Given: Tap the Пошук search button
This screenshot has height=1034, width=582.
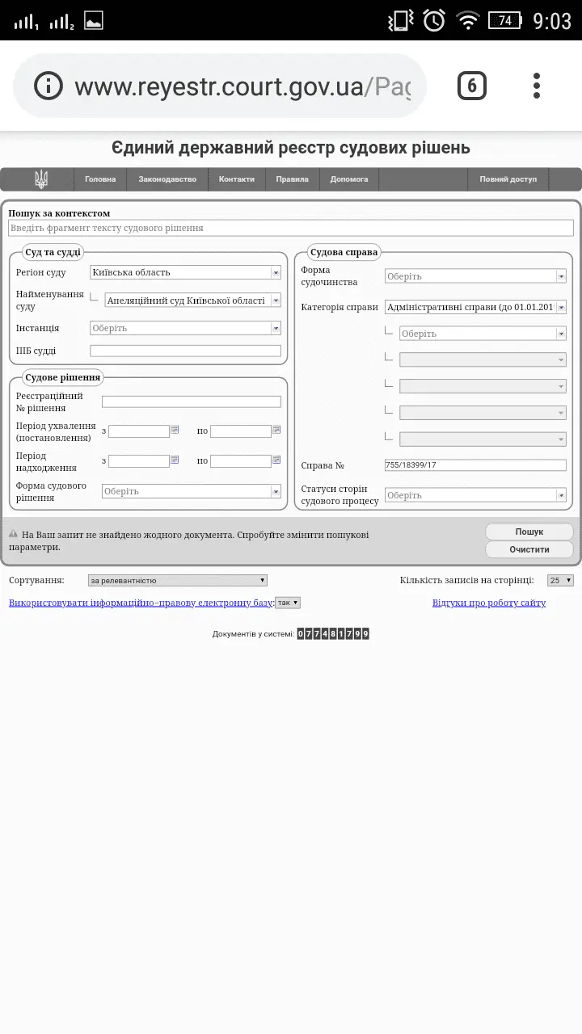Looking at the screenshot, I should (529, 532).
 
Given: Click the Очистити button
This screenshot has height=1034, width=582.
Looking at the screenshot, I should (529, 549).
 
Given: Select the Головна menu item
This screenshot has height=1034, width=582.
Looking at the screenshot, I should (100, 179).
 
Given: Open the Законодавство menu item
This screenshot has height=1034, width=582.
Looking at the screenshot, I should (167, 179).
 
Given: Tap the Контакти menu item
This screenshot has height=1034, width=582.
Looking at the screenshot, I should (236, 179).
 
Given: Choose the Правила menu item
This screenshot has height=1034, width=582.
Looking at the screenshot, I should (292, 179).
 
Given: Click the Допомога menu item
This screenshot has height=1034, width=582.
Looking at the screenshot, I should (348, 179).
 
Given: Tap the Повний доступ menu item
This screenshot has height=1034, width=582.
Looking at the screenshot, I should (508, 179).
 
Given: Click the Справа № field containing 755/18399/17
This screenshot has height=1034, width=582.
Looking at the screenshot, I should (475, 465).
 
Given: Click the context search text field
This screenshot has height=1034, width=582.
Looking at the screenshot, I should (290, 228).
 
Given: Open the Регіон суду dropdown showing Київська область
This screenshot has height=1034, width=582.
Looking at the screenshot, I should (185, 272).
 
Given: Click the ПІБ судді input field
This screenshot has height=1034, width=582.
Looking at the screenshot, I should (185, 351).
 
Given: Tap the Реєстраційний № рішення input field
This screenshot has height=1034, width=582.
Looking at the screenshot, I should (191, 401).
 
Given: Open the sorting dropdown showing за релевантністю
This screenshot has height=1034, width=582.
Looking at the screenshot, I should (177, 580).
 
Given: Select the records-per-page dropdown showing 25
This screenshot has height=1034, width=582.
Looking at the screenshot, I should (560, 580).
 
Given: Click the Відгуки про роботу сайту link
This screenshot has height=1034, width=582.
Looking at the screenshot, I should (488, 603).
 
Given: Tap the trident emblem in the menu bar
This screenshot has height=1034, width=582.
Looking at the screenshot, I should (40, 179).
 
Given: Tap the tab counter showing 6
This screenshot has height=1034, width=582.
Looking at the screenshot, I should (471, 86).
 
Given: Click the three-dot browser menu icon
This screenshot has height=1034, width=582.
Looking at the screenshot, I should (536, 86).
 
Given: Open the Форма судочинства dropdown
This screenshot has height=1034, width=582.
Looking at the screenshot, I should (475, 276).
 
